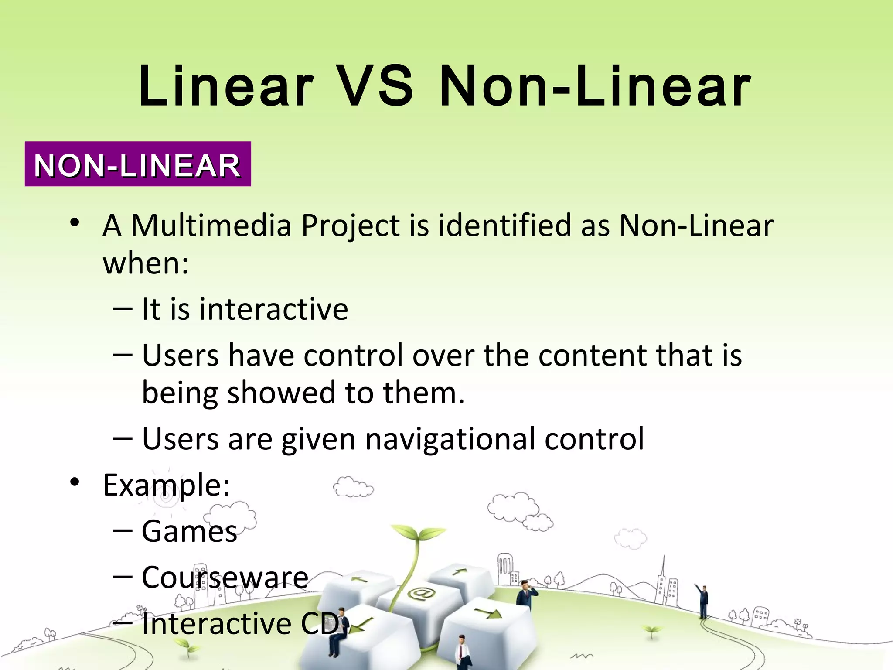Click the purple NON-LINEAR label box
138,164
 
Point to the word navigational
450,439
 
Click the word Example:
166,485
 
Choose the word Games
189,532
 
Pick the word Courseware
225,578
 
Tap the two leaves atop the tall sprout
418,532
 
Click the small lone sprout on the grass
651,631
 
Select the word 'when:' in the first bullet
146,263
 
